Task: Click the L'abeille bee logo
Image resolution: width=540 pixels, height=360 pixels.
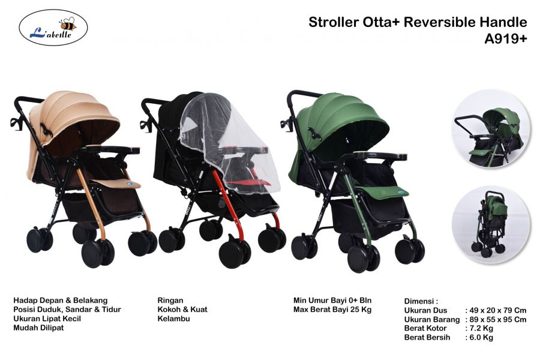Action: [x=53, y=28]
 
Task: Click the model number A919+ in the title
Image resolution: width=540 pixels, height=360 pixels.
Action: [x=506, y=39]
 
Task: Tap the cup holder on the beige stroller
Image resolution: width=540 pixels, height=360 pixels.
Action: [x=16, y=124]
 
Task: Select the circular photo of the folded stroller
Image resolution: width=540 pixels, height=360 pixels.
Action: [x=491, y=224]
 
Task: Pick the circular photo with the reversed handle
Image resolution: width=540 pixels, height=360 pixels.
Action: [x=491, y=129]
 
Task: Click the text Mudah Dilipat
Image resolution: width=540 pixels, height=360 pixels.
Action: [x=38, y=328]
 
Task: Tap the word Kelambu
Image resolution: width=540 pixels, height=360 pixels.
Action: [x=173, y=319]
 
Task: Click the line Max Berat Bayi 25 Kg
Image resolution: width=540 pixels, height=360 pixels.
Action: [x=332, y=310]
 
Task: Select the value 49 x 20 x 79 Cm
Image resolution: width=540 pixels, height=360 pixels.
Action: [x=498, y=310]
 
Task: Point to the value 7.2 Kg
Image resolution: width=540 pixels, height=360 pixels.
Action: [x=481, y=328]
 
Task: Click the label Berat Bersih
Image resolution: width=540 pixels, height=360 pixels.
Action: [x=427, y=337]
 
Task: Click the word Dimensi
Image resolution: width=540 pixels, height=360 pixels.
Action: [x=419, y=301]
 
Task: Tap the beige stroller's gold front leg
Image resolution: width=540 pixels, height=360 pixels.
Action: [x=91, y=203]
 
